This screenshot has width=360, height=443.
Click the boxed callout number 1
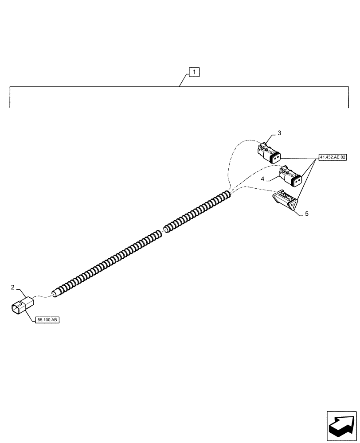(195, 72)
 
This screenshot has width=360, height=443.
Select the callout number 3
(279, 132)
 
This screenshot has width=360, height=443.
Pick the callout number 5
(306, 214)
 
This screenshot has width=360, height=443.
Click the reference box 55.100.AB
(47, 320)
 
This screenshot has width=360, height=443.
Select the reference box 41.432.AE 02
(332, 157)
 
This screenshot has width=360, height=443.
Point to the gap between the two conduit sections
(163, 230)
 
